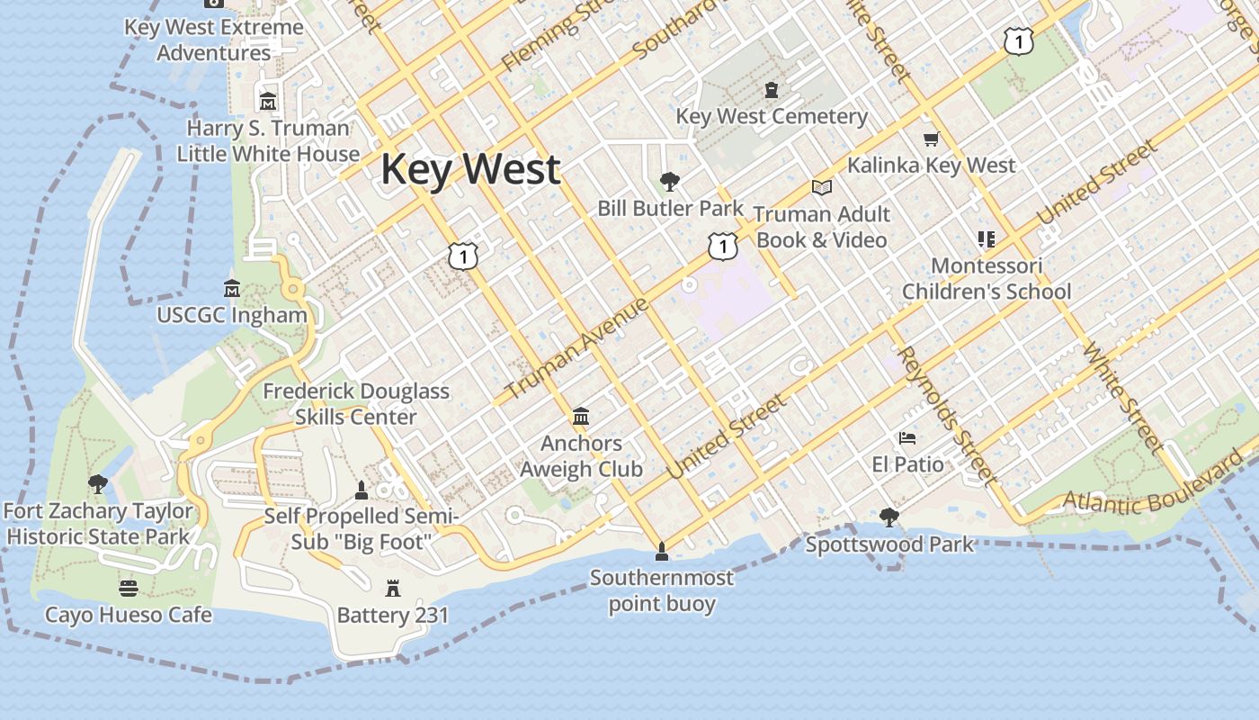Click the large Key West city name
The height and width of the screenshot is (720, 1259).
click(470, 170)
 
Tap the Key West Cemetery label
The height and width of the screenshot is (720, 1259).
click(772, 116)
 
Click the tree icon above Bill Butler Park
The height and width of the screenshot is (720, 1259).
click(669, 182)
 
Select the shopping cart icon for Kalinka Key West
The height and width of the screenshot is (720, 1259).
click(932, 139)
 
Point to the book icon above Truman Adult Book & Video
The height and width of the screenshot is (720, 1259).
click(821, 188)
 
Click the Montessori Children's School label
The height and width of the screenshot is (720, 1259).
click(987, 279)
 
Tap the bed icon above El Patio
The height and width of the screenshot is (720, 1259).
click(907, 438)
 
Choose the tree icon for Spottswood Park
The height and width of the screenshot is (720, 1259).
click(889, 517)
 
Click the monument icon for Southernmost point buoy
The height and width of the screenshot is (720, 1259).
click(662, 551)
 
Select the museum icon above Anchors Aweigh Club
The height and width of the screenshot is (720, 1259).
click(581, 417)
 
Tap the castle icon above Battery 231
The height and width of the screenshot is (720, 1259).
click(393, 589)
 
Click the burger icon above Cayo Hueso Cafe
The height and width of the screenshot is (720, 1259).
click(129, 589)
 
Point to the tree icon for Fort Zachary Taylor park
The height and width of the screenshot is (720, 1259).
click(98, 484)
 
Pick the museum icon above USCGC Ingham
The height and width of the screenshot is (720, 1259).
click(232, 289)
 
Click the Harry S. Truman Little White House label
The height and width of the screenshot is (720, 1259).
click(268, 141)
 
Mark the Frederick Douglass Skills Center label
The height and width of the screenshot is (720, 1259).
click(356, 404)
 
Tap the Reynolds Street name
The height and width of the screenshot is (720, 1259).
click(947, 416)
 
